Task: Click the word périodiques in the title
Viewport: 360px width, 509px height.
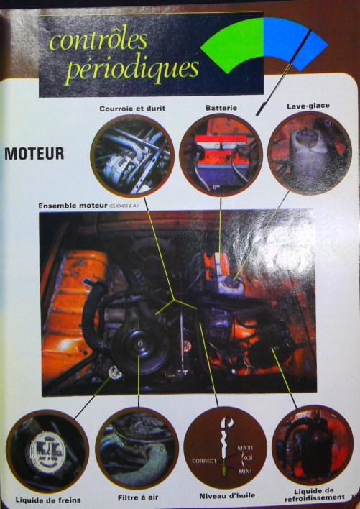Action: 131,69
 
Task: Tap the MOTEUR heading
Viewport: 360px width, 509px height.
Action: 34,153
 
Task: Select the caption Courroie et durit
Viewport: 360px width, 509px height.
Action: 133,109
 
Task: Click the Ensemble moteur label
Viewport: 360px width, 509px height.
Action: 85,206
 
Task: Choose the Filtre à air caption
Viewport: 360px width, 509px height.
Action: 136,496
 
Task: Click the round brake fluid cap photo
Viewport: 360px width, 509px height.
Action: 47,451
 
